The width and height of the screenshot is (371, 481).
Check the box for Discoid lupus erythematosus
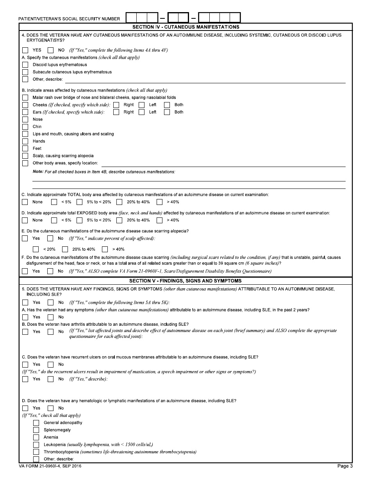pyautogui.click(x=25, y=65)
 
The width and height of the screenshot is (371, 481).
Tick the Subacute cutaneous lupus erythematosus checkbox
pyautogui.click(x=25, y=72)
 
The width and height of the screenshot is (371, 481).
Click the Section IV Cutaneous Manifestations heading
pyautogui.click(x=185, y=27)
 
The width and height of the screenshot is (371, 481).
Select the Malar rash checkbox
pyautogui.click(x=25, y=97)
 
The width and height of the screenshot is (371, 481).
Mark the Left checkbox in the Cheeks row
pyautogui.click(x=141, y=105)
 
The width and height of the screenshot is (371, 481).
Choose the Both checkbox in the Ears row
pyautogui.click(x=167, y=112)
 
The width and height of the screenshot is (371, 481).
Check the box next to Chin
pyautogui.click(x=25, y=127)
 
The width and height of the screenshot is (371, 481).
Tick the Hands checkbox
pyautogui.click(x=25, y=141)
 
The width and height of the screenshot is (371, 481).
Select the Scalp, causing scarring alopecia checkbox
pyautogui.click(x=25, y=156)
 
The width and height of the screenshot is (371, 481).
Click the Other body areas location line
pyautogui.click(x=223, y=163)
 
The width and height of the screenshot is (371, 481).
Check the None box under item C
pyautogui.click(x=25, y=202)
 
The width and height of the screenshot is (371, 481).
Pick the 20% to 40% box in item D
pyautogui.click(x=119, y=220)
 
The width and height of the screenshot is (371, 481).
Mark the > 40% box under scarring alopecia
pyautogui.click(x=105, y=249)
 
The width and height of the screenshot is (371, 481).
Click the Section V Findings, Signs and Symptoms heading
pyautogui.click(x=185, y=281)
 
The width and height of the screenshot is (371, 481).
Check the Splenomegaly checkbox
pyautogui.click(x=36, y=430)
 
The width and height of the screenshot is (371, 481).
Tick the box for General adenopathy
pyautogui.click(x=36, y=423)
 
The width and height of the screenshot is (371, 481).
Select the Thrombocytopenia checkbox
pyautogui.click(x=36, y=452)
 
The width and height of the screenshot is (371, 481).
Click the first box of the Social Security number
pyautogui.click(x=132, y=18)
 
